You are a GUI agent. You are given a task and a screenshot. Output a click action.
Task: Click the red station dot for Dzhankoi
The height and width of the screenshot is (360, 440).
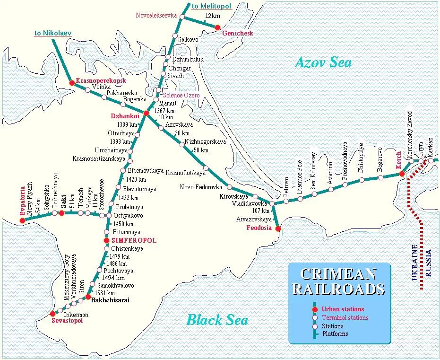(x=146, y=114)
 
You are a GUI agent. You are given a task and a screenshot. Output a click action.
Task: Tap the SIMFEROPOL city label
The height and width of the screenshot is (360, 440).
(x=133, y=241)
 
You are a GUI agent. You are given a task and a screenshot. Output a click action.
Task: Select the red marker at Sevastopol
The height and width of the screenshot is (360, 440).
(x=52, y=314)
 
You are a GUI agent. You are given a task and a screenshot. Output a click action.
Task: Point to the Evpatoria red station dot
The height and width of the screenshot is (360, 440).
(x=22, y=220)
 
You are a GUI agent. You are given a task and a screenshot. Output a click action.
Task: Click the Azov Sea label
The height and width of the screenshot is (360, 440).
(x=323, y=62)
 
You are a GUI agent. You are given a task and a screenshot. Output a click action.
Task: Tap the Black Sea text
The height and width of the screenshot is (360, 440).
(x=217, y=320)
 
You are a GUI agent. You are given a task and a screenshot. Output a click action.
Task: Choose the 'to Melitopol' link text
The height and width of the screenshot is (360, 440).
(x=211, y=6)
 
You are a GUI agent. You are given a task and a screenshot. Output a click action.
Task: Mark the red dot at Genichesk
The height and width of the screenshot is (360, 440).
(x=217, y=28)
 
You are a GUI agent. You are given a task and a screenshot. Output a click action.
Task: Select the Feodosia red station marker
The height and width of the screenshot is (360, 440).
(x=278, y=228)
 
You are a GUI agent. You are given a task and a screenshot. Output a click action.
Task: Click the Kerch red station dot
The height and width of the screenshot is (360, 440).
(x=402, y=174)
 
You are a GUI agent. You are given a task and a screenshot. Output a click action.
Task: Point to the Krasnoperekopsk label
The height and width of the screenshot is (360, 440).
(x=101, y=81)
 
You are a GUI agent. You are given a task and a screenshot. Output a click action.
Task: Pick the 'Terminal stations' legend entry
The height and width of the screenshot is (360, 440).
(x=345, y=317)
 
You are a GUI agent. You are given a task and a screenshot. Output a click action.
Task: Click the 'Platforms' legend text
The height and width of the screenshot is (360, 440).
(x=335, y=334)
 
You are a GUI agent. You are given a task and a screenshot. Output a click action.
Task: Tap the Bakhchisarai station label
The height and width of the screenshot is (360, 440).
(x=110, y=300)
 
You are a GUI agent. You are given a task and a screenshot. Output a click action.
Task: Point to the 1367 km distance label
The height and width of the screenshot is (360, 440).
(x=165, y=110)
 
